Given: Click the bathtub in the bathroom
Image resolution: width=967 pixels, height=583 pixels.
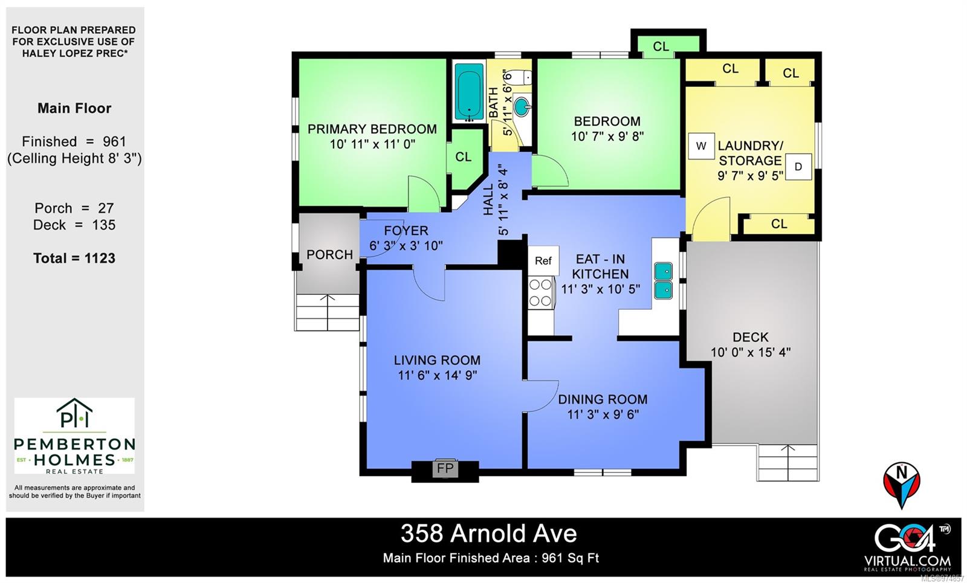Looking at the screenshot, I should [x=469, y=92].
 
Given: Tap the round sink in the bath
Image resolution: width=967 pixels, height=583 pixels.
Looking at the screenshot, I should [x=522, y=109].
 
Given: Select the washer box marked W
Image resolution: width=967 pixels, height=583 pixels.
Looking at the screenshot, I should [x=701, y=146].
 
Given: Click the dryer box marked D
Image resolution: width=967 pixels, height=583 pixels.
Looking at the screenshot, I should [x=798, y=167].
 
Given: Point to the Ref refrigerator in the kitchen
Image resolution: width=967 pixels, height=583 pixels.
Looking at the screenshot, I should [x=543, y=260].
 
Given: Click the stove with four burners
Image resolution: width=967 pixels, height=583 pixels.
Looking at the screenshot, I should [x=541, y=292].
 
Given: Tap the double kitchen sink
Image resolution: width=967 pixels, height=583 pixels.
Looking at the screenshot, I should [x=664, y=281].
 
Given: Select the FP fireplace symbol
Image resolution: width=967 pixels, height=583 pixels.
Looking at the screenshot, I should [x=445, y=468].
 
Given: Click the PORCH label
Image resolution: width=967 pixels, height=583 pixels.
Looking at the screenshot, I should [x=329, y=254].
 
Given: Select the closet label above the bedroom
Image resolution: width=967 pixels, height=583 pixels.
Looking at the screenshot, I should [x=661, y=47].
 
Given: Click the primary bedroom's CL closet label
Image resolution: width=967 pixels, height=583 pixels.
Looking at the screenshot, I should [x=464, y=157].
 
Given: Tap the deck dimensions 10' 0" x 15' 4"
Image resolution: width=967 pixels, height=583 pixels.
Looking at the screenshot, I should [x=751, y=352].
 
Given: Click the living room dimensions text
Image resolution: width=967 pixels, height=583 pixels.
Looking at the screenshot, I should [x=437, y=375].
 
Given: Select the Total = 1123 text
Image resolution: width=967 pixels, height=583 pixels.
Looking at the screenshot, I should [x=74, y=259].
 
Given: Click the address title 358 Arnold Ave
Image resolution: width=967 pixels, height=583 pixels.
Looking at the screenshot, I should [x=488, y=533].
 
